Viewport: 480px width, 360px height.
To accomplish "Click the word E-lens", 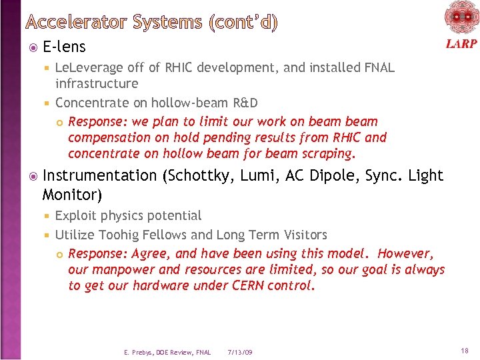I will click(x=64, y=47).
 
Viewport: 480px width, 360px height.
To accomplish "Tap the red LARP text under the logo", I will click(x=461, y=44).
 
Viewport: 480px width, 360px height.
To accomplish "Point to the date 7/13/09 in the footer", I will click(x=240, y=352).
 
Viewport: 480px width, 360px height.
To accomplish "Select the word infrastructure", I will click(x=97, y=83).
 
